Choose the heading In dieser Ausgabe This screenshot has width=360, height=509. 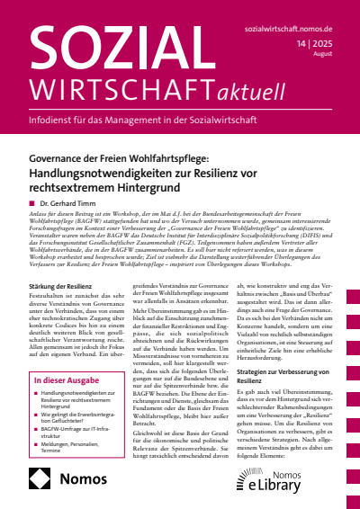(55, 380)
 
